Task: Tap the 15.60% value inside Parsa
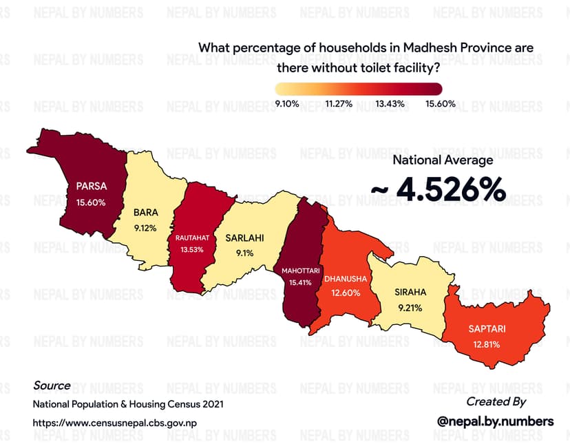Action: click(x=92, y=202)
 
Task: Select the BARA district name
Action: click(x=146, y=213)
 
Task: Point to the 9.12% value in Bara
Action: click(x=146, y=227)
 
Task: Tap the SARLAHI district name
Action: click(x=244, y=238)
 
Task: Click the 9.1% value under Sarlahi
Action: click(x=244, y=253)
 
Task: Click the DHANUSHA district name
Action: click(x=349, y=279)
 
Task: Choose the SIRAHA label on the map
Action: click(x=410, y=292)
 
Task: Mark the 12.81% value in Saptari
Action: click(x=486, y=343)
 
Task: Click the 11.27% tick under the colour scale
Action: click(x=339, y=104)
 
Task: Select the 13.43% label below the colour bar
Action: click(x=390, y=104)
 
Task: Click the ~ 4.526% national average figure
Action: click(x=439, y=190)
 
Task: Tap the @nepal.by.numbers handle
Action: click(x=496, y=421)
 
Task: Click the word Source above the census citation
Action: click(x=52, y=385)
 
